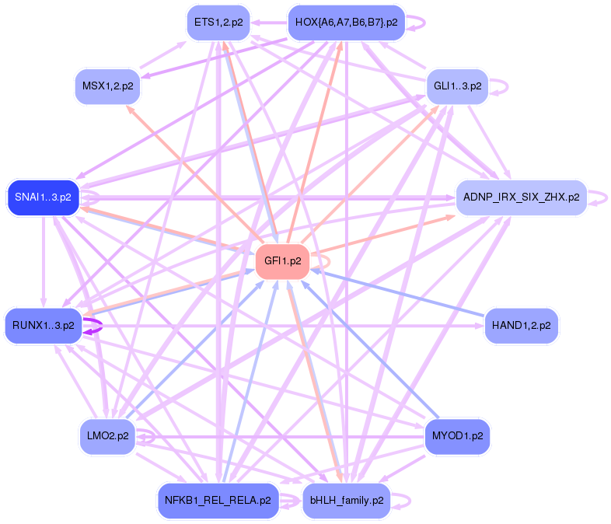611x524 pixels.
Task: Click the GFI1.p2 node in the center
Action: pyautogui.click(x=283, y=260)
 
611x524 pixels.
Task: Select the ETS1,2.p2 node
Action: pyautogui.click(x=218, y=23)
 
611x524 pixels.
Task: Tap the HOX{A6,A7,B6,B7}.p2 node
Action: pyautogui.click(x=347, y=23)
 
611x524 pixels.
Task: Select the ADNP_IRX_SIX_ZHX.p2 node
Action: pyautogui.click(x=521, y=197)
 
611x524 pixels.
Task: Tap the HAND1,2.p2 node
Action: pyautogui.click(x=521, y=325)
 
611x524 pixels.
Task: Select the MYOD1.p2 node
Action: pyautogui.click(x=458, y=436)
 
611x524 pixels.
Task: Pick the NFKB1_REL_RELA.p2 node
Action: pyautogui.click(x=218, y=500)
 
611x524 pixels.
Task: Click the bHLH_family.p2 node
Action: pyautogui.click(x=347, y=500)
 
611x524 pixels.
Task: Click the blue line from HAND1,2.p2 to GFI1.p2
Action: pyautogui.click(x=396, y=292)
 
